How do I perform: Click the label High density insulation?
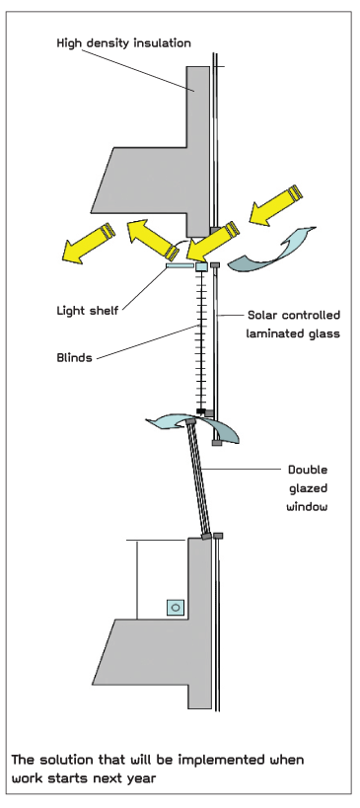click(x=123, y=43)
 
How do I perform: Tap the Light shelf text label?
click(x=88, y=311)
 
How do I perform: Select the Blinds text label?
click(x=74, y=357)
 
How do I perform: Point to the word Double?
click(x=308, y=470)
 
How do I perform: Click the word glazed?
click(x=308, y=488)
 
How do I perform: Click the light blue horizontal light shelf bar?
click(x=180, y=266)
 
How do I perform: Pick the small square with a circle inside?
click(x=176, y=608)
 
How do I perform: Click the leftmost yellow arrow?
click(x=88, y=244)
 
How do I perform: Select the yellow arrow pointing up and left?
click(x=153, y=239)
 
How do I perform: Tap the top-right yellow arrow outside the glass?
click(x=275, y=205)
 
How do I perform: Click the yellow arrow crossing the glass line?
click(x=212, y=242)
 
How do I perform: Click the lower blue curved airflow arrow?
click(x=192, y=429)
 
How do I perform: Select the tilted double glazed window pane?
click(x=199, y=478)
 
